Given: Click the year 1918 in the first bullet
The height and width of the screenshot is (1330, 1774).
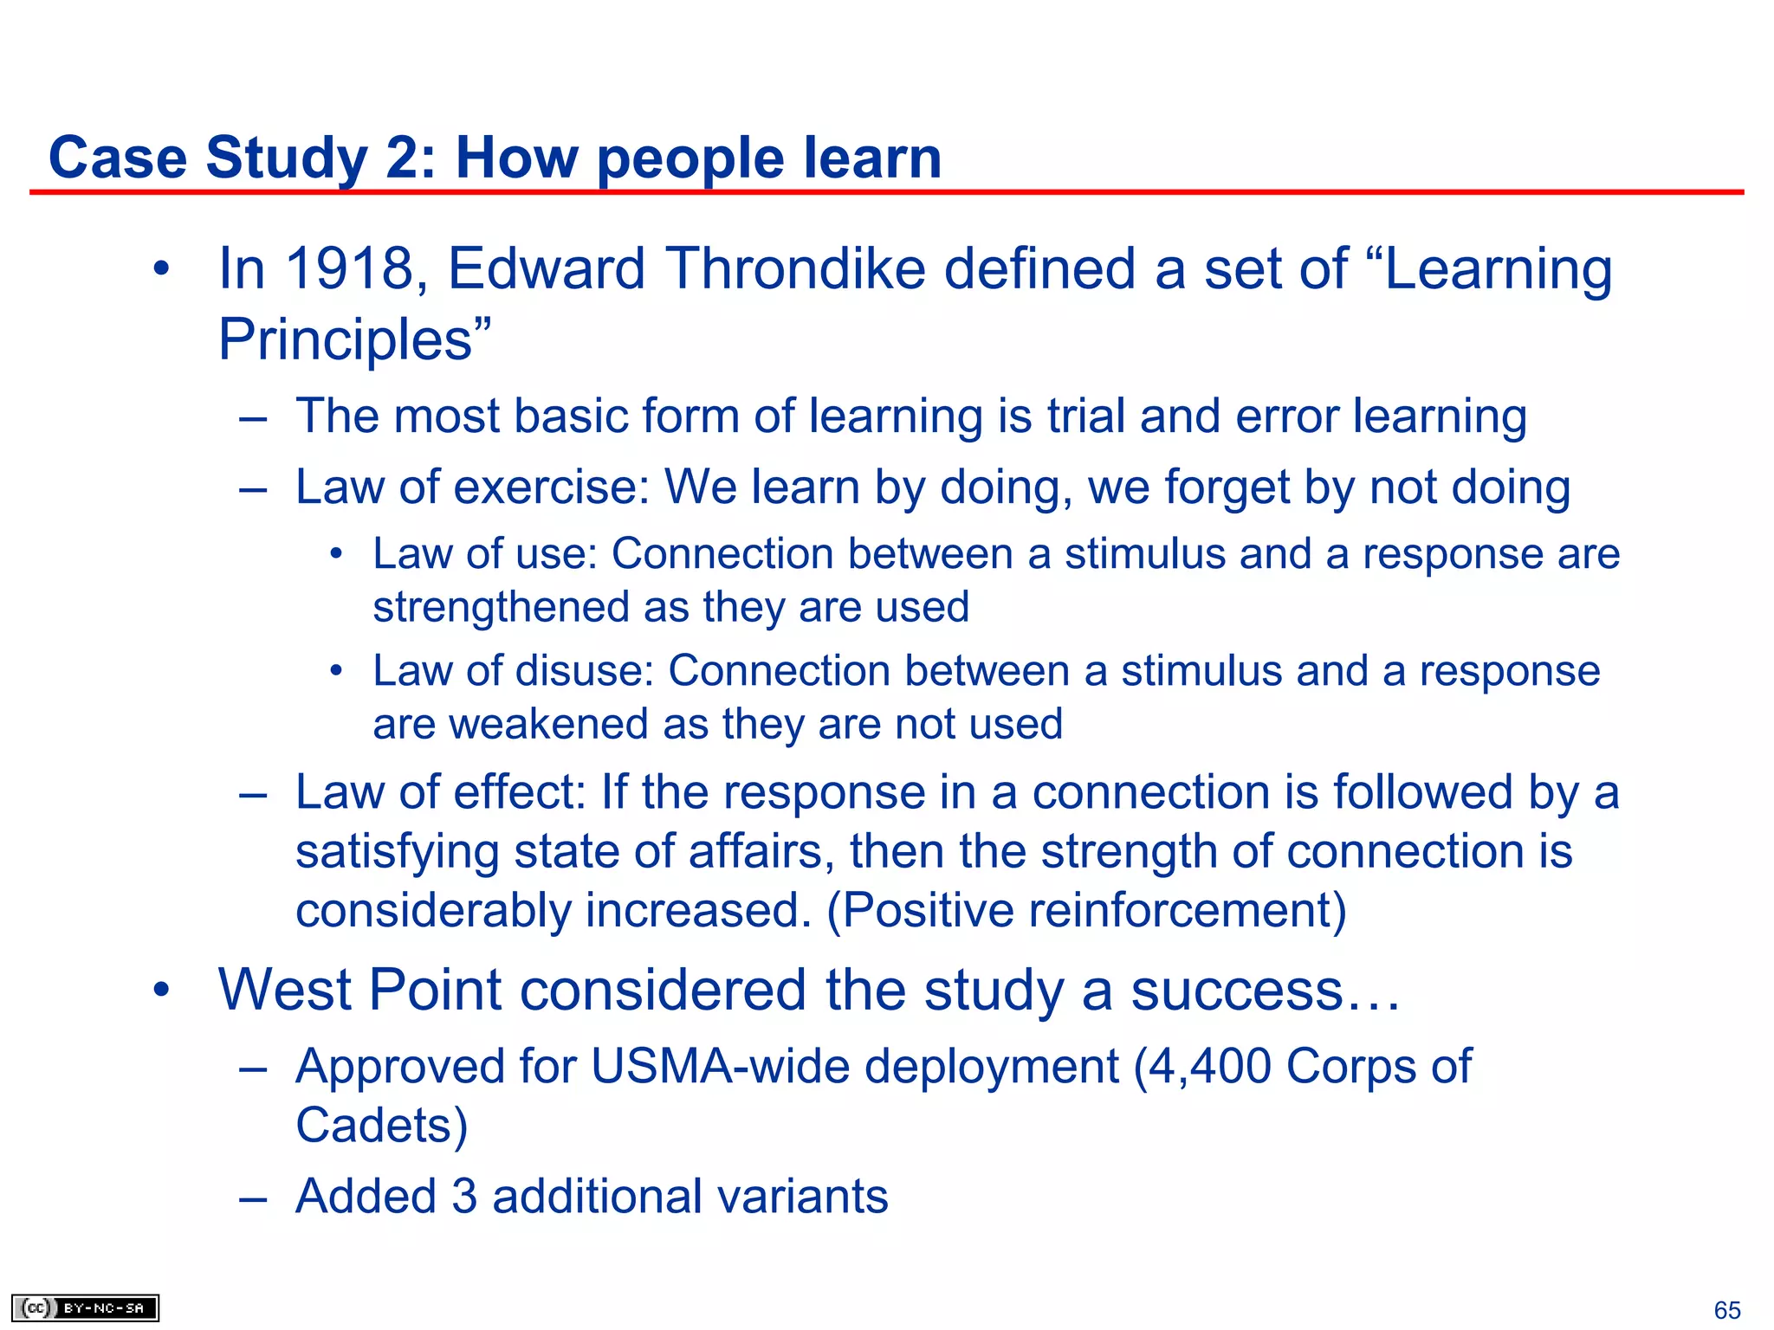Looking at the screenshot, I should [351, 268].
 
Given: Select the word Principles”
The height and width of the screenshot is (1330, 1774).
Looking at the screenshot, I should [354, 339].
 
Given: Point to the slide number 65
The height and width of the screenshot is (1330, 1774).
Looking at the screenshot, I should [1727, 1309].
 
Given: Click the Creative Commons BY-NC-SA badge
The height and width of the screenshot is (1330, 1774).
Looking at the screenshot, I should [85, 1307].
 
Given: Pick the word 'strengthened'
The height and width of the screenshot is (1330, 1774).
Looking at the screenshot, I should [501, 607].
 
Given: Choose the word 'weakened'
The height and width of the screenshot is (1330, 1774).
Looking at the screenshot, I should [548, 724].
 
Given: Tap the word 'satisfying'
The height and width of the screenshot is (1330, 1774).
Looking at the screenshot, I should [398, 852].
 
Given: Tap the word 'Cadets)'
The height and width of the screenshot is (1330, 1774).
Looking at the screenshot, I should [381, 1126].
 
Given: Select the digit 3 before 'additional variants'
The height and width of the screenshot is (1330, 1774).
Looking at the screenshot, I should [464, 1197].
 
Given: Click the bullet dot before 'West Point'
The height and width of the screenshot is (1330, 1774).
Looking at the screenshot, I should [161, 990].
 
